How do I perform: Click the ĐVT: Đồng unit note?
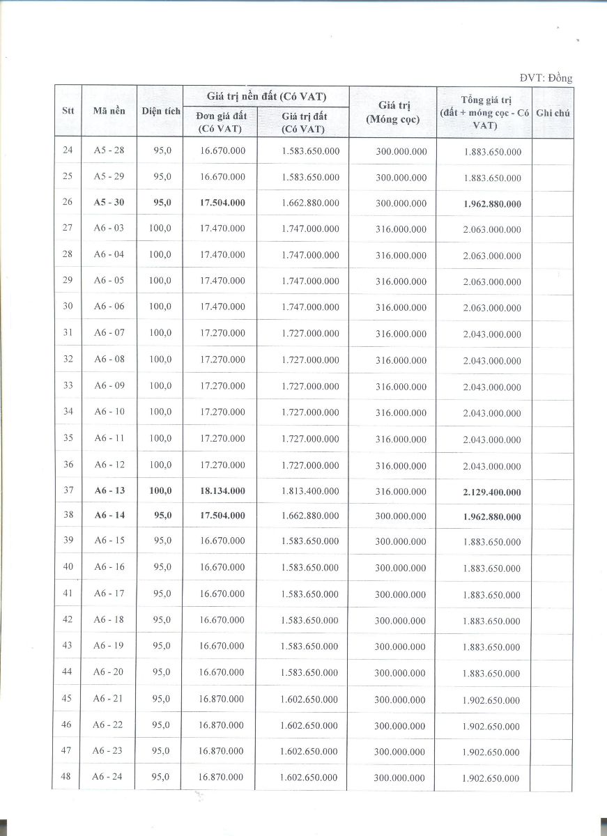[x=546, y=77]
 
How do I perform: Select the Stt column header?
[x=68, y=110]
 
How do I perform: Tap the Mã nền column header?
[x=109, y=110]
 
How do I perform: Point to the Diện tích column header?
[x=160, y=111]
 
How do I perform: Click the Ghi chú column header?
[x=553, y=112]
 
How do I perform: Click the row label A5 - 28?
[x=109, y=150]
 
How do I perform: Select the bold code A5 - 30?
[x=109, y=203]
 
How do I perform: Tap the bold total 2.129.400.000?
[x=492, y=492]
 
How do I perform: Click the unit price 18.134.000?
[x=222, y=490]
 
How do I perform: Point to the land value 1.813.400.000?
[x=311, y=490]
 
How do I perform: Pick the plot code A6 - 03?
[x=109, y=229]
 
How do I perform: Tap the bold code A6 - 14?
[x=109, y=516]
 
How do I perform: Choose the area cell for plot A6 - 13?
[x=160, y=490]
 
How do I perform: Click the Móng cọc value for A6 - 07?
[x=401, y=334]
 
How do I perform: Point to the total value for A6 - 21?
[x=491, y=700]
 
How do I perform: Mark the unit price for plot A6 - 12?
[x=222, y=465]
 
